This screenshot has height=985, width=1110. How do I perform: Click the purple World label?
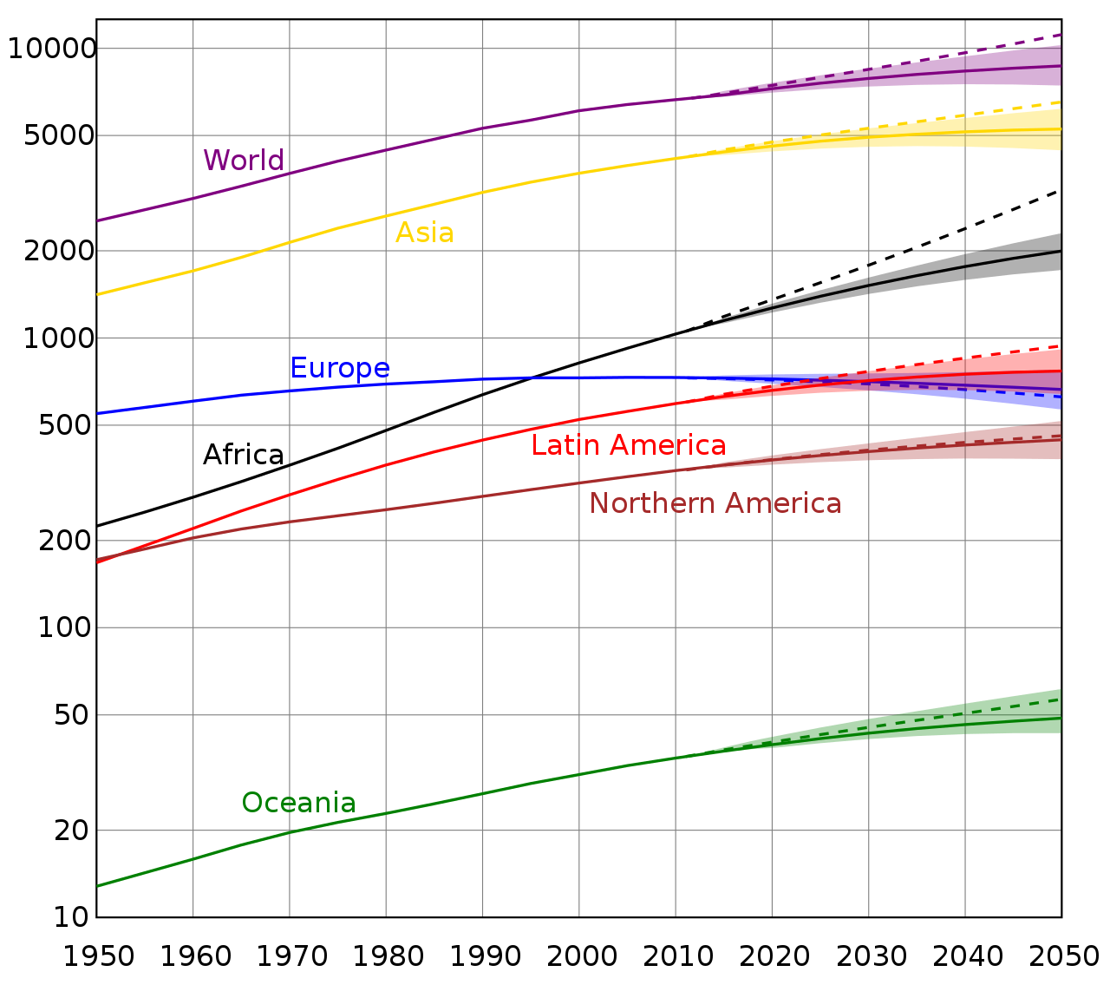243,161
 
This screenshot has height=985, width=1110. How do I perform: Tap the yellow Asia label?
424,233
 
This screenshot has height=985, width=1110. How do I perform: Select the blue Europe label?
340,368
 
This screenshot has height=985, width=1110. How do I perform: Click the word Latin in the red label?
563,445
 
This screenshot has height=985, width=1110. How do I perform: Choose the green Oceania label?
298,803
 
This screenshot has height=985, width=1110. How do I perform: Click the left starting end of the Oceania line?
99,885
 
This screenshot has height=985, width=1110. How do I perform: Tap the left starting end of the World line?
99,220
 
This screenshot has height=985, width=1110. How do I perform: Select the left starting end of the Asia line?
99,294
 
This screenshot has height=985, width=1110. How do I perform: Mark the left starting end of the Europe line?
99,413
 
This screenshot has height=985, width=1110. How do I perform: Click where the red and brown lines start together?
99,561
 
